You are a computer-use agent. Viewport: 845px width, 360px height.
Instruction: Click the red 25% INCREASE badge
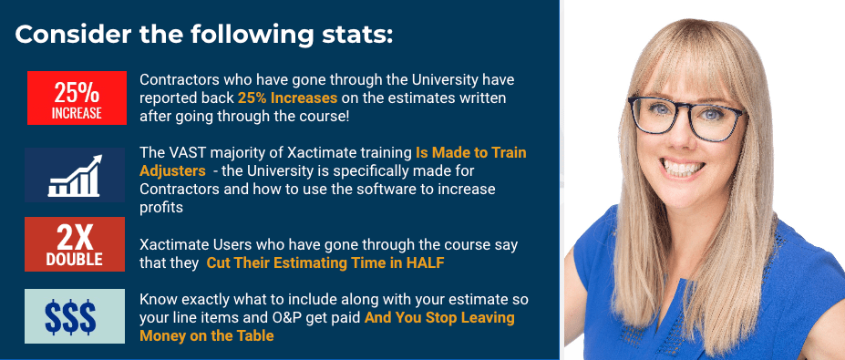pyautogui.click(x=77, y=98)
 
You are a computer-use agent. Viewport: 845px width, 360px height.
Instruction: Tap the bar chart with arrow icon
pyautogui.click(x=75, y=175)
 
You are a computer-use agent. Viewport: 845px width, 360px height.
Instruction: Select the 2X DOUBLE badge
pyautogui.click(x=75, y=244)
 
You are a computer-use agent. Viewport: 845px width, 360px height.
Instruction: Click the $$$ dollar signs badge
pyautogui.click(x=75, y=316)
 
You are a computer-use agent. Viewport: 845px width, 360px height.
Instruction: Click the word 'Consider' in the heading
pyautogui.click(x=73, y=35)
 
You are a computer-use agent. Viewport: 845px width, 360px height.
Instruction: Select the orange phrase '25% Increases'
pyautogui.click(x=287, y=98)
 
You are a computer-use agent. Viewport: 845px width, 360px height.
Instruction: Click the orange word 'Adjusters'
pyautogui.click(x=172, y=171)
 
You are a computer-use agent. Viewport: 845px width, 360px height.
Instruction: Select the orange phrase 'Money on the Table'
pyautogui.click(x=206, y=335)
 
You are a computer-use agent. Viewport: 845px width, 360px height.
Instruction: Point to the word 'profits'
pyautogui.click(x=161, y=208)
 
